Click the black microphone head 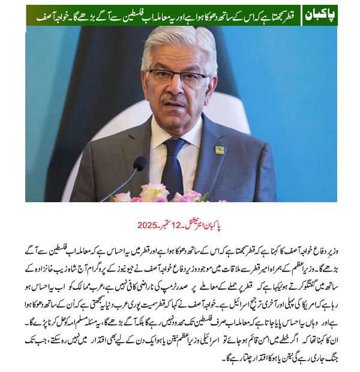(x=139, y=164)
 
